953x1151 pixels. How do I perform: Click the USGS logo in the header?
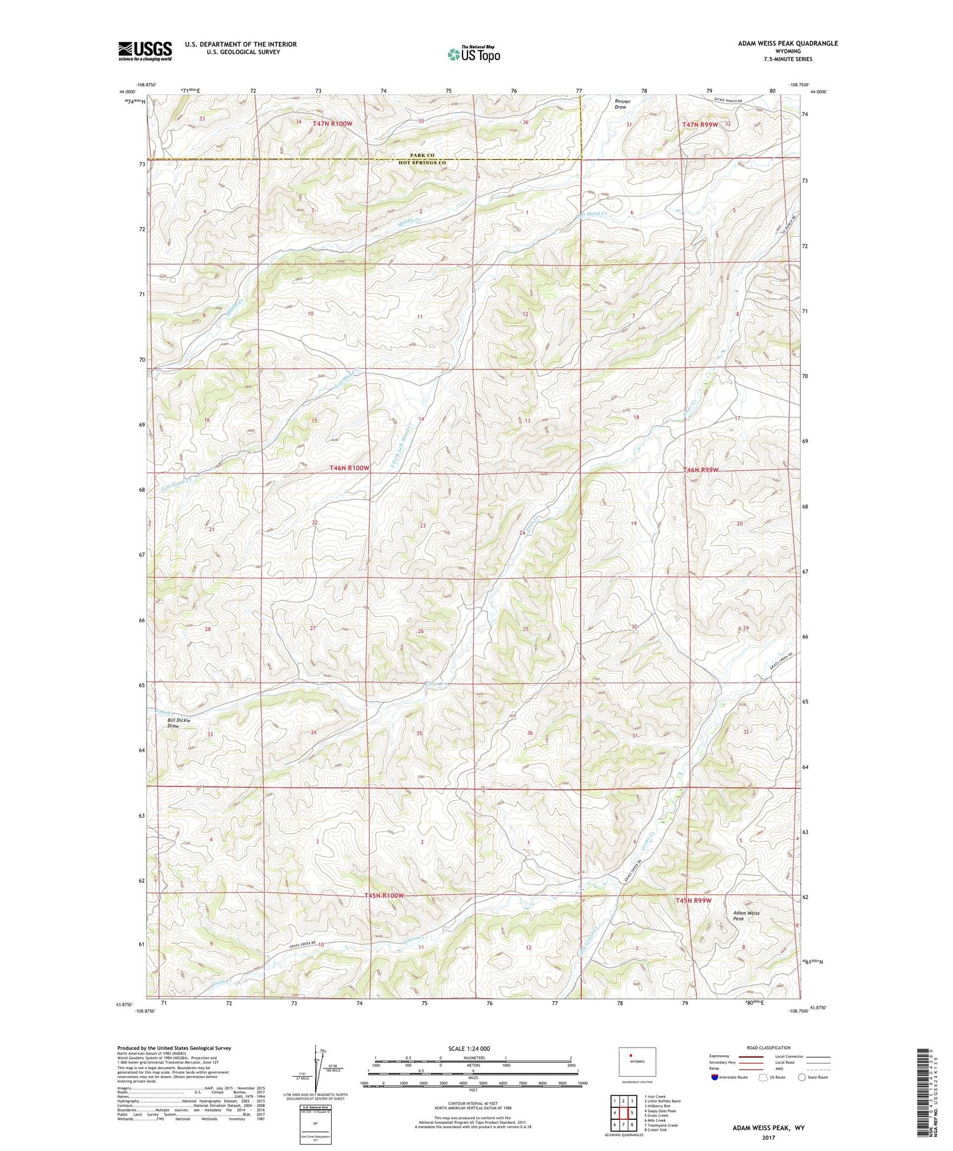(x=145, y=51)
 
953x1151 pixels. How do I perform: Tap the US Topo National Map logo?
(x=473, y=54)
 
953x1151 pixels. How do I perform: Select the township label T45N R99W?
(x=693, y=900)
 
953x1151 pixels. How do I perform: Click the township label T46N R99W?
(x=701, y=470)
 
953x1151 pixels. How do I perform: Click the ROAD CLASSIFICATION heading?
(x=769, y=1048)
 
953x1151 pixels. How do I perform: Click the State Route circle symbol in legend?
(x=802, y=1077)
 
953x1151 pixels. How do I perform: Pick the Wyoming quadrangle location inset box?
(x=637, y=1061)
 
